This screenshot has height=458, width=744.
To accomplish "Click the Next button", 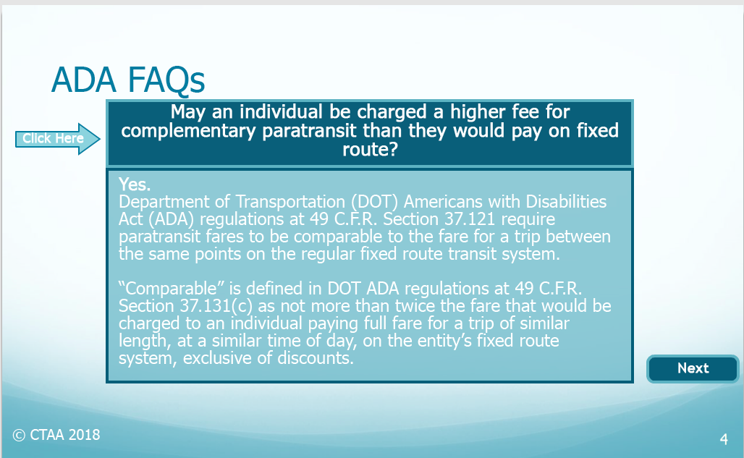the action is coord(693,368).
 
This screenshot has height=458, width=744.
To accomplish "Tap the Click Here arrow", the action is coord(57,138).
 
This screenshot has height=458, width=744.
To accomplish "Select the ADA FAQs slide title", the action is coord(128,80).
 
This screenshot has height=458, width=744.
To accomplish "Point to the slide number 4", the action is coord(724,439).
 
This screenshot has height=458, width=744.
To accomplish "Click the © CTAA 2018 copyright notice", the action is coord(56,435).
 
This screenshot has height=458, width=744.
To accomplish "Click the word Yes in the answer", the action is coord(135,184).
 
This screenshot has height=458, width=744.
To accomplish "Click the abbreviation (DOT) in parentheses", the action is coord(374,202).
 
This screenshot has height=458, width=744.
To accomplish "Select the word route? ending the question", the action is coord(370,150).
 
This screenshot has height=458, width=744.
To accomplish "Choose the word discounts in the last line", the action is coord(315,358).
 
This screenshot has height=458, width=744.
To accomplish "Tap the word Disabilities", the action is coord(566,202).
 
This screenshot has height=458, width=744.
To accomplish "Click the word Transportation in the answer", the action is coord(290,202).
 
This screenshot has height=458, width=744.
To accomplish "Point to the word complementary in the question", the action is coord(188,131).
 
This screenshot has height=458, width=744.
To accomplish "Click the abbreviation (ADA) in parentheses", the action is coord(171,219).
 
